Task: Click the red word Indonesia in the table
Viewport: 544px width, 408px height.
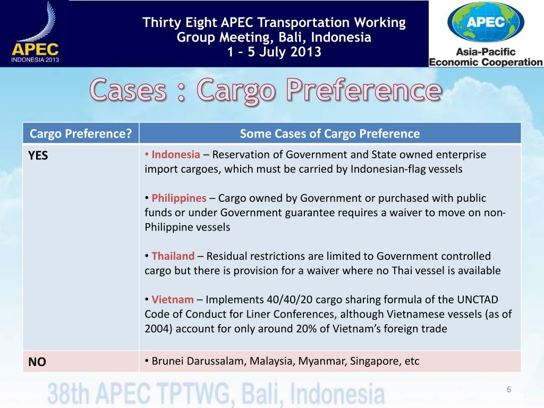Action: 176,155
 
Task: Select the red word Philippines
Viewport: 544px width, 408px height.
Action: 179,199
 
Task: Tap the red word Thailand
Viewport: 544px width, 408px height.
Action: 173,256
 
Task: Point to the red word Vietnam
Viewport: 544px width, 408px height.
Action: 173,300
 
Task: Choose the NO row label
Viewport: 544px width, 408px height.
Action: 37,362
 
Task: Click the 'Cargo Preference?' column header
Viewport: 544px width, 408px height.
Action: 81,134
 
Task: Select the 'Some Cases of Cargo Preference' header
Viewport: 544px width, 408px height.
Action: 329,134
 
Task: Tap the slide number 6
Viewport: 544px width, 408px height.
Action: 508,390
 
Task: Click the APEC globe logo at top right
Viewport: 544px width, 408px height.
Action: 486,24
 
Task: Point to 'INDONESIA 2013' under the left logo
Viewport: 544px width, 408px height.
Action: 35,60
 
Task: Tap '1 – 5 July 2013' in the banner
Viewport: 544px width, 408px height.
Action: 274,52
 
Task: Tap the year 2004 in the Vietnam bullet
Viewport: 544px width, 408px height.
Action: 158,328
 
